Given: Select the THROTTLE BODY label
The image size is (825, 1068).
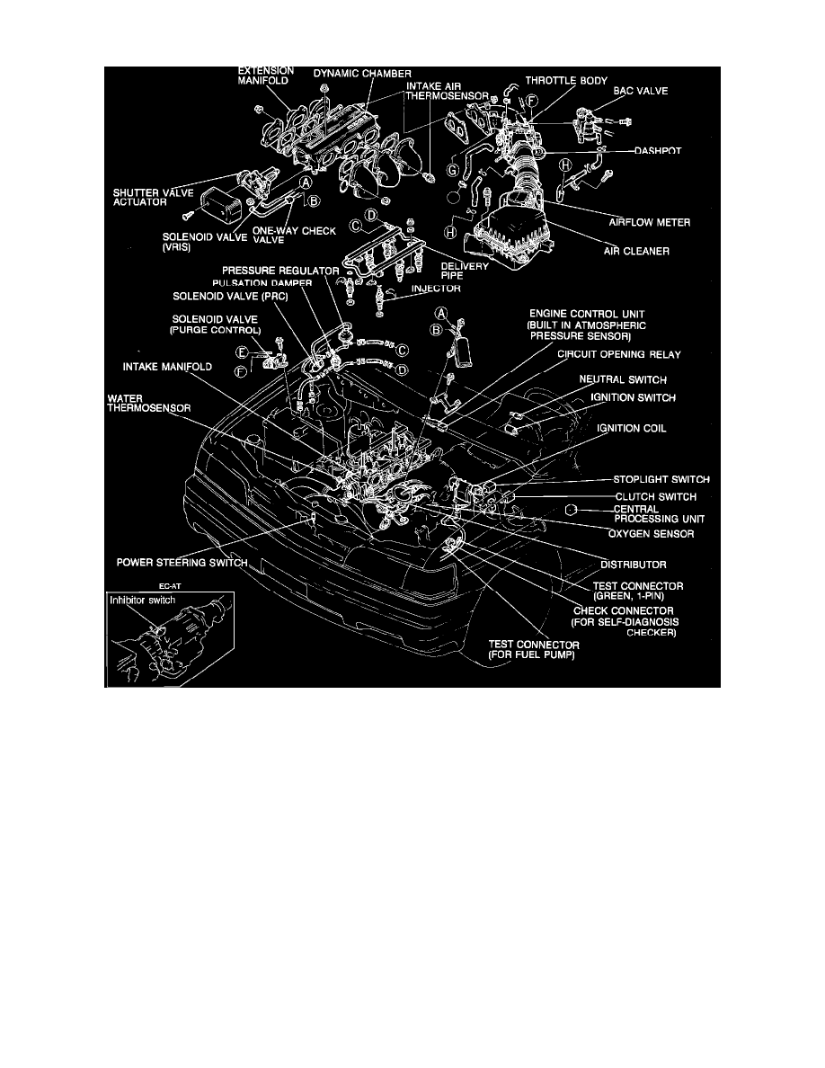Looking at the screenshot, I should pos(568,79).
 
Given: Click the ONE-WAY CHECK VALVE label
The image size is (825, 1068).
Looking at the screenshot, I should pos(306,236).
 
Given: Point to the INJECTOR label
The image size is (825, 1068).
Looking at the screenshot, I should pos(436,289).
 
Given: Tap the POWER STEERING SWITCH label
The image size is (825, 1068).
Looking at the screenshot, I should pos(182,564).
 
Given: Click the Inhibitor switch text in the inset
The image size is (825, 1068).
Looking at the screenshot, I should pos(136,600).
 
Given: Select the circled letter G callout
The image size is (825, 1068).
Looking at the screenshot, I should pos(453,170).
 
